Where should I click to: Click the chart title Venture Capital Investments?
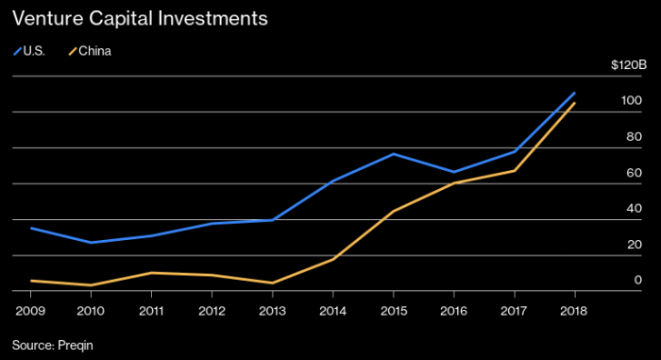[x=140, y=19]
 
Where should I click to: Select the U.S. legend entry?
[x=29, y=51]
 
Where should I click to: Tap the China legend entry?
[x=90, y=51]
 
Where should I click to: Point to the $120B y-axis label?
[x=629, y=65]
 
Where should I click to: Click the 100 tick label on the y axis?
[x=631, y=100]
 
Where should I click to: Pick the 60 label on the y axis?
[x=634, y=173]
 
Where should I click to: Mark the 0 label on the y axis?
[x=637, y=280]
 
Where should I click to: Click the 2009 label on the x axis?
[x=30, y=311]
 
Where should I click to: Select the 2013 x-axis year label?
[x=272, y=311]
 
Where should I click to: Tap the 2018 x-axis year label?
[x=574, y=311]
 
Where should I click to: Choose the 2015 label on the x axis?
[x=394, y=311]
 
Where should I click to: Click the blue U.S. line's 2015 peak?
[x=394, y=154]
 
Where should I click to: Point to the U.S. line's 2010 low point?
[x=91, y=242]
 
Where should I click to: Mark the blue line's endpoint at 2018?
[x=574, y=93]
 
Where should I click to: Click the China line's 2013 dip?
[x=272, y=283]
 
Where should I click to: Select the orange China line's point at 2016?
[x=454, y=183]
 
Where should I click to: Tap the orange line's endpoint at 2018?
[x=574, y=103]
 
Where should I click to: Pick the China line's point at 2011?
[x=151, y=273]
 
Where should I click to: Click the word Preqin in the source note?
[x=76, y=346]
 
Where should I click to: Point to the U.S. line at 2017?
[x=515, y=151]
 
